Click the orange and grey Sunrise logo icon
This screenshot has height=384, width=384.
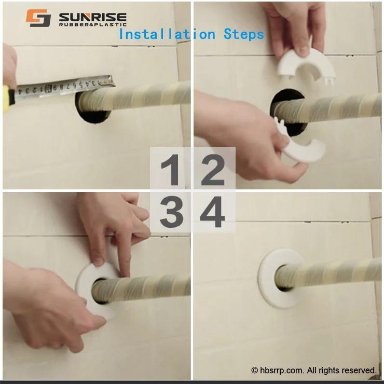coord(38,18)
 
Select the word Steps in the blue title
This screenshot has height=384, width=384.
coord(244,34)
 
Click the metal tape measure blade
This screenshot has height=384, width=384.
coord(62,87)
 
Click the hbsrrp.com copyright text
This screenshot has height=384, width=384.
coord(314,370)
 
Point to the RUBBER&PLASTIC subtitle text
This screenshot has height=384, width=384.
coord(93,24)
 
